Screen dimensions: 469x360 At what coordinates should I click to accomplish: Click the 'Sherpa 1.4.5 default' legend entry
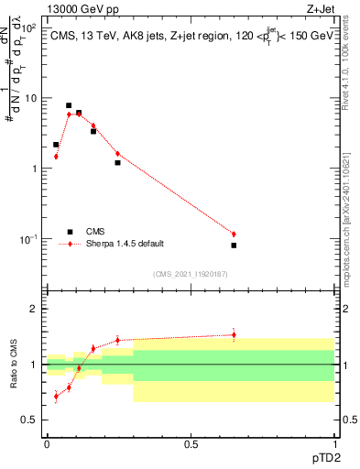(125, 244)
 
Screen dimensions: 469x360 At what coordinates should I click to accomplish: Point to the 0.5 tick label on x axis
(191, 443)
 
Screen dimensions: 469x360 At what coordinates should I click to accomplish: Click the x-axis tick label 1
(334, 443)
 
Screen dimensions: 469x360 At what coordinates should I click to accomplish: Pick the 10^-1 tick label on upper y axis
(31, 239)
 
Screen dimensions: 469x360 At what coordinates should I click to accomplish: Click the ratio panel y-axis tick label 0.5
(33, 420)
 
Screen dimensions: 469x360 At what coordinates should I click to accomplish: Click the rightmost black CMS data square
(234, 245)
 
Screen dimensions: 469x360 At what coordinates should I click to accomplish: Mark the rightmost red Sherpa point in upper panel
(234, 234)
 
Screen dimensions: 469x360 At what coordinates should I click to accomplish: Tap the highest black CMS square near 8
(69, 105)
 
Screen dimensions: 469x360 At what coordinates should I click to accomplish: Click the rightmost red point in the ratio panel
(234, 334)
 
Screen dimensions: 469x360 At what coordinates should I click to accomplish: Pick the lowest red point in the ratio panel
(56, 397)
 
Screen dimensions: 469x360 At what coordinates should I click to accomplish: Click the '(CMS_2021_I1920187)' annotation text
(190, 274)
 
